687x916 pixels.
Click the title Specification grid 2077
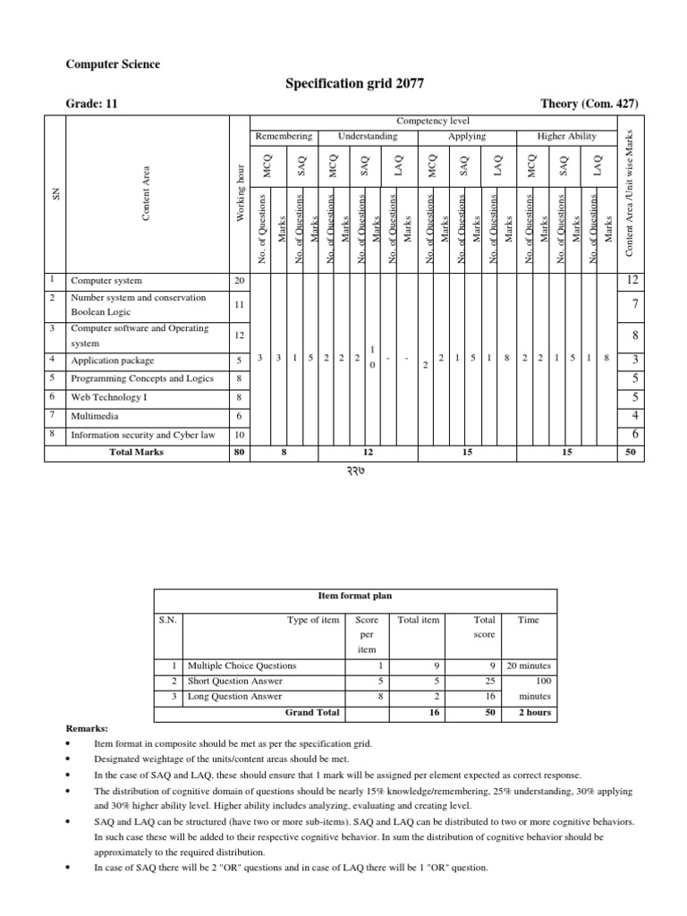354,83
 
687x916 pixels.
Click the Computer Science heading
114,64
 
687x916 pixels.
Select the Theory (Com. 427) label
589,104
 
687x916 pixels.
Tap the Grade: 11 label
92,104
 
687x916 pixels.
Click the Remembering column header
284,136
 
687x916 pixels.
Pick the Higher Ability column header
566,136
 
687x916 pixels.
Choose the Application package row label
112,360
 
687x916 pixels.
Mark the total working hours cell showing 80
237,453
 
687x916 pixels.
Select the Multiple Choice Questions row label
241,666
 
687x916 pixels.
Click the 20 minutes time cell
529,666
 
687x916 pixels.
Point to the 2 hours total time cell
529,713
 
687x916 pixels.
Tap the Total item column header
418,620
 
